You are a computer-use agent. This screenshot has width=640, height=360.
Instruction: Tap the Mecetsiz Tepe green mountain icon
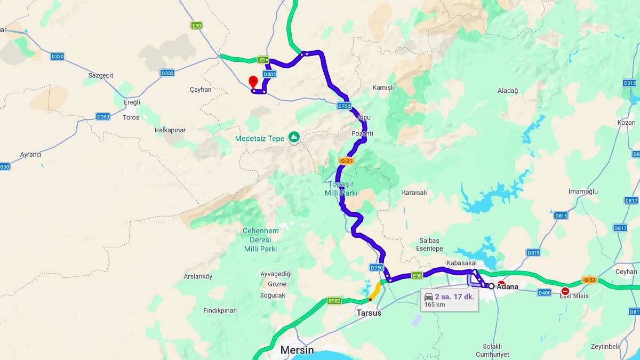294,138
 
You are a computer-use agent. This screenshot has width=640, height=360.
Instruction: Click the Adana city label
507,286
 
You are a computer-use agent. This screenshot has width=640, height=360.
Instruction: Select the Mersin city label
297,350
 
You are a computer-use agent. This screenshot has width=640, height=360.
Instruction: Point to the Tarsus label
369,313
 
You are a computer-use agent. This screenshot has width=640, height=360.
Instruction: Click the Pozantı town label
362,133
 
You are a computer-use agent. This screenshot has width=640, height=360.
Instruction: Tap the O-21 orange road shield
346,161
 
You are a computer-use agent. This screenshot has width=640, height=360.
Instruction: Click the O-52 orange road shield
589,280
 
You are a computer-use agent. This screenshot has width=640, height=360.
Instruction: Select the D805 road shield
269,74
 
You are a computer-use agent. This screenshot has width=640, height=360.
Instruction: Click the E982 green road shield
334,301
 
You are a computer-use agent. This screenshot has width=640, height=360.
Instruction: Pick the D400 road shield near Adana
544,292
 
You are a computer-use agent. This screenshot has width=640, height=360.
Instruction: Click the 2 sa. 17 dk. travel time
454,297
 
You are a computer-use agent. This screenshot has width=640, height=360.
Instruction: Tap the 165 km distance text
434,305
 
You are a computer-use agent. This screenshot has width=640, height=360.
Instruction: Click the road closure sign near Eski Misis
565,291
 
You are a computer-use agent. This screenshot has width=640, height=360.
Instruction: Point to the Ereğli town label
131,102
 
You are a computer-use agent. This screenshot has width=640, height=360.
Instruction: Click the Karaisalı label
414,193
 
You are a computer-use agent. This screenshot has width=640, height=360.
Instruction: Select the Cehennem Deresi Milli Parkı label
261,239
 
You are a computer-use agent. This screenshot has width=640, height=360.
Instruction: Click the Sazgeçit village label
101,75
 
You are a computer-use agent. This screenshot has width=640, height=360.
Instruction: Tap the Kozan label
626,122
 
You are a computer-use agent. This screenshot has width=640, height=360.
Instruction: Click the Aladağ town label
508,91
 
